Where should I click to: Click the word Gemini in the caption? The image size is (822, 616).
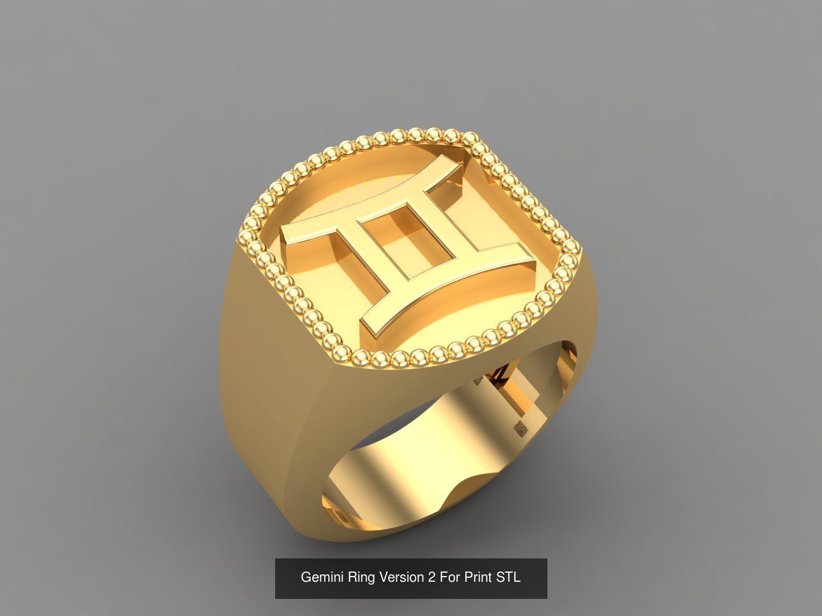click(x=322, y=577)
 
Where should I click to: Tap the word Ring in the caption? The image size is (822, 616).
click(x=362, y=577)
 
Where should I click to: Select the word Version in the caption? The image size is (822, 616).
click(x=403, y=577)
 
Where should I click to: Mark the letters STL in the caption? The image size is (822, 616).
click(x=509, y=577)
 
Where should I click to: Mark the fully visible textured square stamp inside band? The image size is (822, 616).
click(x=519, y=428)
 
